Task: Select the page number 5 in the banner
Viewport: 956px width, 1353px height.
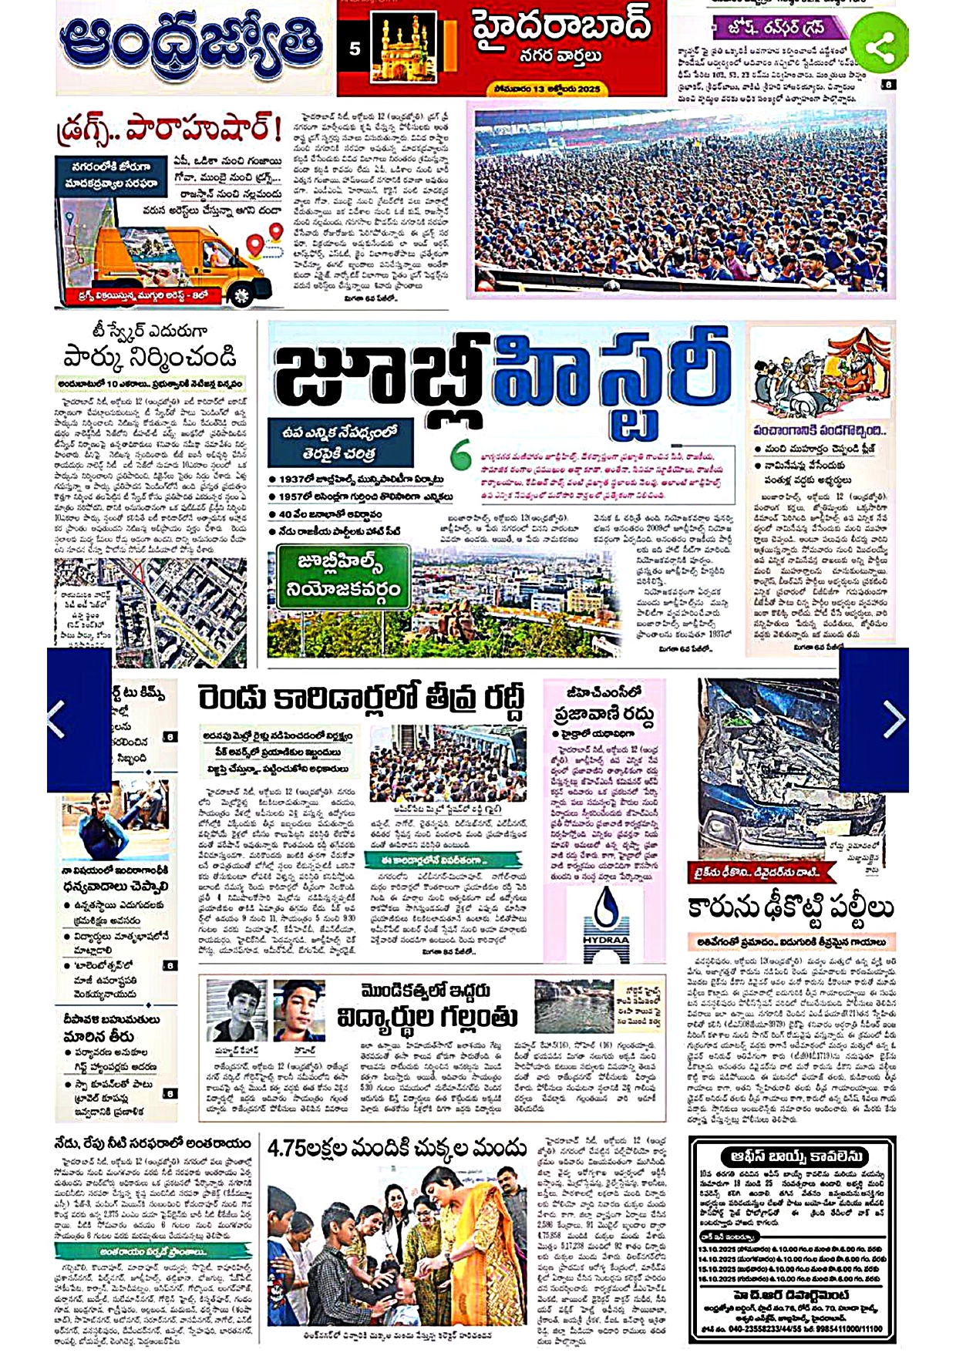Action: (355, 49)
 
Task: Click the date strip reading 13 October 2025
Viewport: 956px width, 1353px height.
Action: (547, 89)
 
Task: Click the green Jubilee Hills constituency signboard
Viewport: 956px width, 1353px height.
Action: (342, 577)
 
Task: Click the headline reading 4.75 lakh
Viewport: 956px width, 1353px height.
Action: (396, 1149)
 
